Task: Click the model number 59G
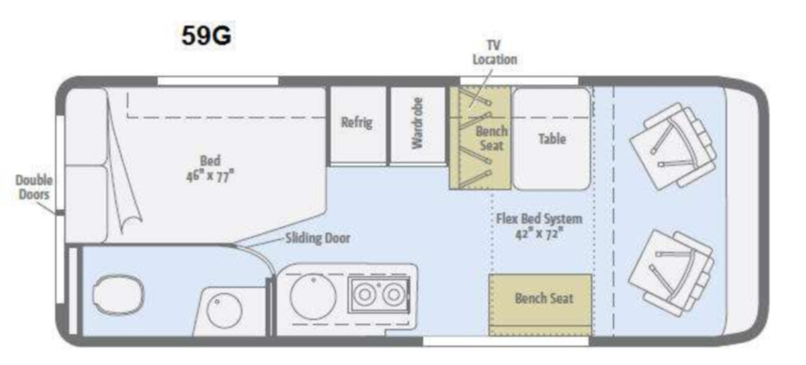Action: (x=206, y=36)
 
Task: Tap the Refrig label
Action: (x=357, y=123)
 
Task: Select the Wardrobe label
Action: (x=417, y=124)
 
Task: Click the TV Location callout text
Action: (x=494, y=53)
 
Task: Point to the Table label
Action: (x=552, y=139)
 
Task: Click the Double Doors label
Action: (x=34, y=188)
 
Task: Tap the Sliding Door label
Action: (x=318, y=238)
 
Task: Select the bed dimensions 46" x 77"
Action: (x=209, y=176)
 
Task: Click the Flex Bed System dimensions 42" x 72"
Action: (x=539, y=233)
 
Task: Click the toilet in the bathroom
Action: (x=118, y=295)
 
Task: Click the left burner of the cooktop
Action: (x=365, y=295)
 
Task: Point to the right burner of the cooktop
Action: (x=394, y=295)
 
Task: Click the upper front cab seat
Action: (x=673, y=147)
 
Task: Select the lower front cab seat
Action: (x=672, y=272)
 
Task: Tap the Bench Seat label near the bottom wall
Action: (x=544, y=299)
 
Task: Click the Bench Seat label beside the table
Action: (x=491, y=138)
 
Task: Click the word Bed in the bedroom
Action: (x=209, y=161)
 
